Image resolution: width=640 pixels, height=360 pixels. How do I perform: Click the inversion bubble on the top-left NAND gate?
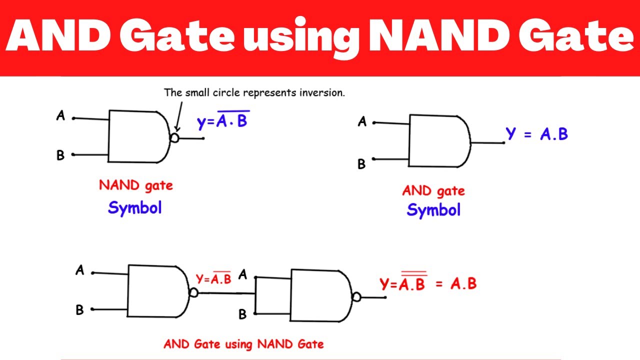click(x=174, y=138)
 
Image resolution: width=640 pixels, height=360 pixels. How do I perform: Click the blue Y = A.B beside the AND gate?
click(x=536, y=133)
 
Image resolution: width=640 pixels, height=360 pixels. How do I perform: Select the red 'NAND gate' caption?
click(x=135, y=185)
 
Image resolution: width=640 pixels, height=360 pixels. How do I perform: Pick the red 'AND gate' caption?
click(x=433, y=190)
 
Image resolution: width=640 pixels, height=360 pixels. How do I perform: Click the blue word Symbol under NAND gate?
click(x=135, y=207)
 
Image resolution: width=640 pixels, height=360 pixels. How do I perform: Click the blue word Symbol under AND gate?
click(x=433, y=210)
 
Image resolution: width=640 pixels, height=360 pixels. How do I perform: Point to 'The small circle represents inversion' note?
click(x=254, y=93)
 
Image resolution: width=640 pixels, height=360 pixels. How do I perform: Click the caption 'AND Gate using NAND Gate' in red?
click(x=243, y=344)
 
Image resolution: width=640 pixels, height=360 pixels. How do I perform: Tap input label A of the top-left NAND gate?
click(x=60, y=116)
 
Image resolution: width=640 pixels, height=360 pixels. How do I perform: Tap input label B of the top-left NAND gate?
click(x=60, y=155)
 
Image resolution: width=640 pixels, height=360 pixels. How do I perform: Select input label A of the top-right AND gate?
click(x=362, y=121)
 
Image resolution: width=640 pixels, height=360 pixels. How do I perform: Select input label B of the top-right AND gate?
click(x=361, y=164)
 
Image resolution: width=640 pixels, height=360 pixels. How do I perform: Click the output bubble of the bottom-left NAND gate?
click(x=193, y=292)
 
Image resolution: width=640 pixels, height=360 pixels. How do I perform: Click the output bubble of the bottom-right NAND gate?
click(x=356, y=297)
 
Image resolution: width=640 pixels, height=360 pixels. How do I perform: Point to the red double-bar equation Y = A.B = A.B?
click(x=428, y=283)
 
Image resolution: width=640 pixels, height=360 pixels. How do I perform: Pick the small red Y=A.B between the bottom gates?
click(x=213, y=278)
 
